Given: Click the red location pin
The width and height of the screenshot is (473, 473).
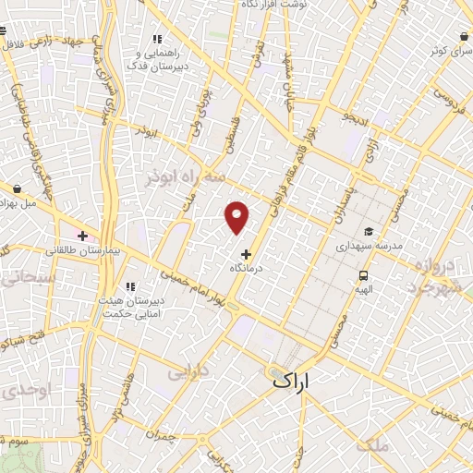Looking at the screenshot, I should coord(237,217).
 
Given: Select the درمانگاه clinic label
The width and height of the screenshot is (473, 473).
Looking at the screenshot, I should coord(247,267).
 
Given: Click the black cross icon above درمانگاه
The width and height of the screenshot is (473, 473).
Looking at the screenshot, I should coord(246,253).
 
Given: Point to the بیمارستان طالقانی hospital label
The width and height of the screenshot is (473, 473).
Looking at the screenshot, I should coord(77,250).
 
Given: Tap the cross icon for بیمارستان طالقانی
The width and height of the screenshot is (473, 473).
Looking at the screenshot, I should coord(83,236).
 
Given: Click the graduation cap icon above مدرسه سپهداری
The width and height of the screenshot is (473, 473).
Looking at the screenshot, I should coord(369,233).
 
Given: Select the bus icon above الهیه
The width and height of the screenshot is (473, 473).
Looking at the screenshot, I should coord(364,275).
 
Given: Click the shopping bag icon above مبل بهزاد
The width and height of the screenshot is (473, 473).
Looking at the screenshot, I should coord(17,188).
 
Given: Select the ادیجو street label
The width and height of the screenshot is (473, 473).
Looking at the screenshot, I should coord(357,119).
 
